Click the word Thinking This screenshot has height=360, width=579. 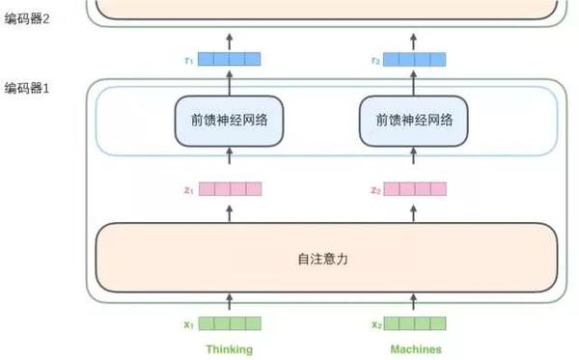click(229, 349)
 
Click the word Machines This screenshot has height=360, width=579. click(415, 349)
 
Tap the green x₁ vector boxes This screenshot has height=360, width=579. click(230, 323)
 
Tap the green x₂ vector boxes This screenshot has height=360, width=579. click(415, 323)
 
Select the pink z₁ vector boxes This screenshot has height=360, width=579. click(230, 190)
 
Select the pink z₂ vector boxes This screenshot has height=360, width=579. click(415, 190)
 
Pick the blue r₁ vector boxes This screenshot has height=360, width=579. click(230, 59)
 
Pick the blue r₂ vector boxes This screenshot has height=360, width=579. click(415, 59)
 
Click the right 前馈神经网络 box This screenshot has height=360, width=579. click(415, 121)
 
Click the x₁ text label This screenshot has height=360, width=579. click(189, 324)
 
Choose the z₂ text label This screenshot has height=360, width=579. click(374, 191)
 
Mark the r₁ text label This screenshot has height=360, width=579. click(189, 60)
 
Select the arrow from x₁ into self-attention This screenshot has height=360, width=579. click(230, 304)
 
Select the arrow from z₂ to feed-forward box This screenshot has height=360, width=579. click(415, 161)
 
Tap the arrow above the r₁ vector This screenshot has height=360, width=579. click(230, 40)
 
